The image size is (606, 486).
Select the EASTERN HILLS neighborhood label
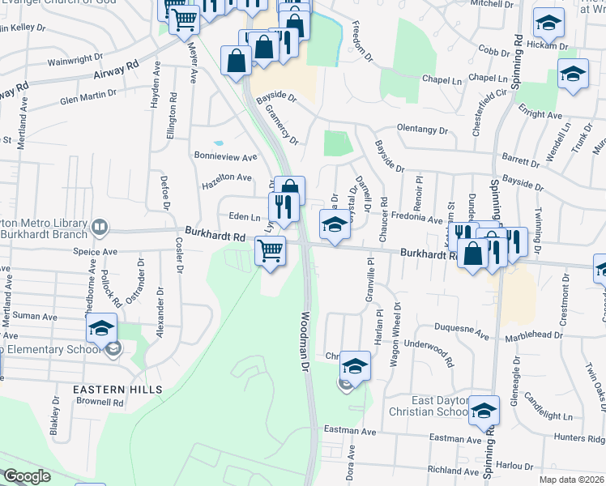tap(117, 390)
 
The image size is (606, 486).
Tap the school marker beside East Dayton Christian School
tap(484, 411)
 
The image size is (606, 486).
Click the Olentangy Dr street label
tap(421, 130)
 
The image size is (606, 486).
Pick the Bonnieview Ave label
tap(224, 156)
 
